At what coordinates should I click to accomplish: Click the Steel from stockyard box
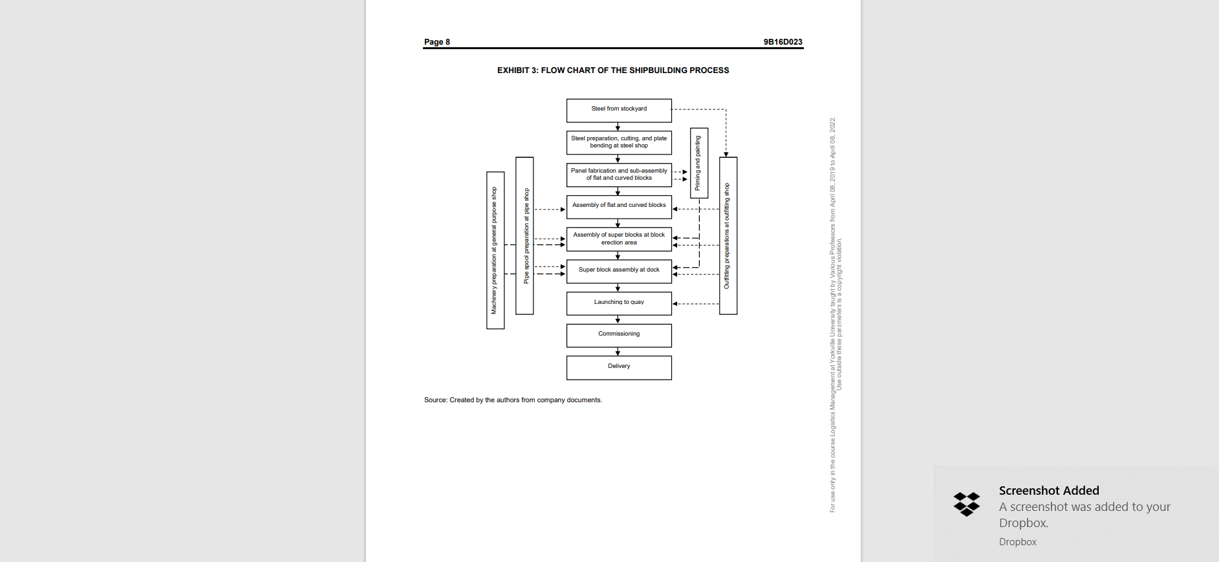tap(619, 111)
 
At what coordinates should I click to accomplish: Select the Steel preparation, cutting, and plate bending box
tap(619, 142)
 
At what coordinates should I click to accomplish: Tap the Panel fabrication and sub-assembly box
tap(619, 175)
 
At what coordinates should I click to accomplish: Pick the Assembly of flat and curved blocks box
tap(619, 207)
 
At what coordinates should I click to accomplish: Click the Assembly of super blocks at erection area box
tap(619, 239)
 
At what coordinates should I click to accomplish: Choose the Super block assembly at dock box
tap(619, 271)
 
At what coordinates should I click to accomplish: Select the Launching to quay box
tap(619, 303)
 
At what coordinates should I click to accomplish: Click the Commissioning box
tap(619, 335)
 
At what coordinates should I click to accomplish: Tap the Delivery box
tap(619, 367)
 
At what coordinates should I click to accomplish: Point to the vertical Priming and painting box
tap(698, 163)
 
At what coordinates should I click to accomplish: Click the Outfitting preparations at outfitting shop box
tap(728, 236)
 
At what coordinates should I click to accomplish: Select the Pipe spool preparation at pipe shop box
tap(524, 236)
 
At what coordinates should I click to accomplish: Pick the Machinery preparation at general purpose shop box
tap(495, 250)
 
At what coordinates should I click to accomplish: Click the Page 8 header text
tap(437, 42)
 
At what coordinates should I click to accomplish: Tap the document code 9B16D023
tap(782, 42)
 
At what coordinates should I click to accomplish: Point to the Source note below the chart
tap(513, 400)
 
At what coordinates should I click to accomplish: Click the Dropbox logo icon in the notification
tap(966, 504)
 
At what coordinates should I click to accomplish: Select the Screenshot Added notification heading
tap(1048, 491)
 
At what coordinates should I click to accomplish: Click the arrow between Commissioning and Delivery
tap(618, 352)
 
